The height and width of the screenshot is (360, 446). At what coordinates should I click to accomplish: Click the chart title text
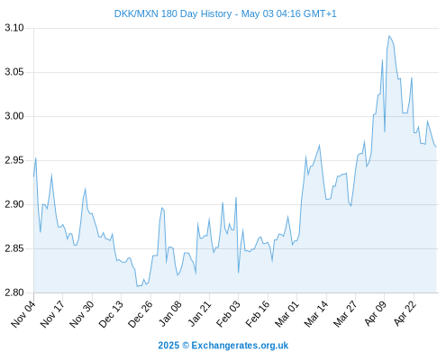[x=225, y=13]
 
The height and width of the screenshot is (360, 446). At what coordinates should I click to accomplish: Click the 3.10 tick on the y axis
[x=14, y=28]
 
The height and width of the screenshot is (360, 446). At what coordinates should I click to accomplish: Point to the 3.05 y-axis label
[x=14, y=72]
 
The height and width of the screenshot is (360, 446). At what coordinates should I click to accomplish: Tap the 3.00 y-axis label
[x=14, y=116]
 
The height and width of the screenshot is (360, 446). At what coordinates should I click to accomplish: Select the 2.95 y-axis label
[x=14, y=160]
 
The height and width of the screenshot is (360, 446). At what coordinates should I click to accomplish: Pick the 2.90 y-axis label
[x=14, y=204]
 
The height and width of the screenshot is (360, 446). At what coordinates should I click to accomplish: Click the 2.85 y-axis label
[x=14, y=248]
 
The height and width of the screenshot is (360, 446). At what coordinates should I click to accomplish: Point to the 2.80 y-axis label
[x=14, y=292]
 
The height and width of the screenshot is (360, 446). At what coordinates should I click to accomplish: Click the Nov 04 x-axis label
[x=23, y=314]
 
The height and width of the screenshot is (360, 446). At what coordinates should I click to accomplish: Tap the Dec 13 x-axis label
[x=111, y=314]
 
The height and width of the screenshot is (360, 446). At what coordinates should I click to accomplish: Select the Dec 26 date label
[x=141, y=314]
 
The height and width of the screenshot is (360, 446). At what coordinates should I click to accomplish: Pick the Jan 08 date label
[x=170, y=314]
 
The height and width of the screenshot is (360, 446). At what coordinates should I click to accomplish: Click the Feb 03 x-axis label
[x=228, y=314]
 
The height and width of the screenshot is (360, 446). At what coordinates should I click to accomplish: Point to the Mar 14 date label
[x=316, y=314]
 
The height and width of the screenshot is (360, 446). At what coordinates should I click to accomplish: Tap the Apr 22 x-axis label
[x=405, y=314]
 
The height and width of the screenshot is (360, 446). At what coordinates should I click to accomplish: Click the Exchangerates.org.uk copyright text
[x=223, y=346]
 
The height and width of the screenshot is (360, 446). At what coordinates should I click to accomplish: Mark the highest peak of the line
[x=389, y=36]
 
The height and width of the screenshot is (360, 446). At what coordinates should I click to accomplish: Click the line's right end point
[x=436, y=147]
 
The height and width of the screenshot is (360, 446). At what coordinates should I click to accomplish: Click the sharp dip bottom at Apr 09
[x=385, y=131]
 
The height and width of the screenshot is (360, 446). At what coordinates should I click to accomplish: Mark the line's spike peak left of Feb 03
[x=236, y=197]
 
